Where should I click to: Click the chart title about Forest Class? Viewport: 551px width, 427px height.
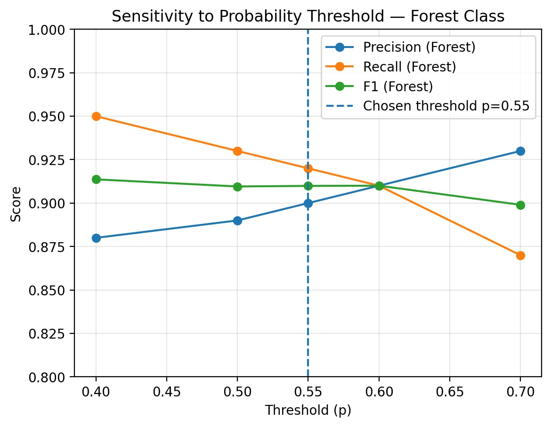(x=308, y=16)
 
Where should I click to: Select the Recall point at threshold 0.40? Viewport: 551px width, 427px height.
(x=96, y=116)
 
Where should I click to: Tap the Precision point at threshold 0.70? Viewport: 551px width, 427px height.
(x=520, y=151)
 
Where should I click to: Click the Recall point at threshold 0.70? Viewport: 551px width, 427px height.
(x=520, y=255)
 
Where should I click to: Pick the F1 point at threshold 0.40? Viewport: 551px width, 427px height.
(x=96, y=179)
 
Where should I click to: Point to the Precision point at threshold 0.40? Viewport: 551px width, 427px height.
(x=96, y=238)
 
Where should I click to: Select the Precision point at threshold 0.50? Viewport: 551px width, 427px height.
(x=237, y=221)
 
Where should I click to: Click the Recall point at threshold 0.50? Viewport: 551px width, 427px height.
(x=237, y=151)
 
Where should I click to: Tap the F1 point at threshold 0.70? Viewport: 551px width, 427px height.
(x=520, y=205)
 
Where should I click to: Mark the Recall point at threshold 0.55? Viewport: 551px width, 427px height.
(x=308, y=168)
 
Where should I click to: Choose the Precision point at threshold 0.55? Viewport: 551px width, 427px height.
(x=308, y=203)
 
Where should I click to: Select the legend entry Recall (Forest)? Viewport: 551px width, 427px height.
(x=409, y=67)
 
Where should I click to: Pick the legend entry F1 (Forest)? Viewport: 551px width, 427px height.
(x=397, y=87)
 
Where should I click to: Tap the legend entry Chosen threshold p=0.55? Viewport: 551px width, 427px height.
(x=446, y=106)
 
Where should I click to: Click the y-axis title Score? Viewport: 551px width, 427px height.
(x=17, y=203)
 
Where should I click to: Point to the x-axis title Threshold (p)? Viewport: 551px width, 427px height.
(x=308, y=411)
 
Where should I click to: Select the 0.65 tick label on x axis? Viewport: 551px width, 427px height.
(x=449, y=391)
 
